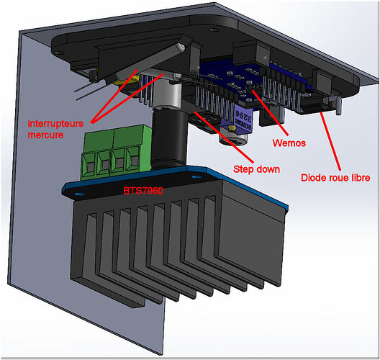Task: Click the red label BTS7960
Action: click(143, 191)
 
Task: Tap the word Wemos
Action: click(289, 143)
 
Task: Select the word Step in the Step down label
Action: click(243, 169)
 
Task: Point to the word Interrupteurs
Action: click(55, 123)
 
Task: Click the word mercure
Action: click(45, 135)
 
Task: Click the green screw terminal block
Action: click(116, 153)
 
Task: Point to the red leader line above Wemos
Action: click(270, 113)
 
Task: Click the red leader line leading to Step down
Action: click(224, 138)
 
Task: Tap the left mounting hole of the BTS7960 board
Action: click(78, 194)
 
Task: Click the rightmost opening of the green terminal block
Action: click(133, 161)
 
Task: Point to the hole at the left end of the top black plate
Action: click(59, 53)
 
